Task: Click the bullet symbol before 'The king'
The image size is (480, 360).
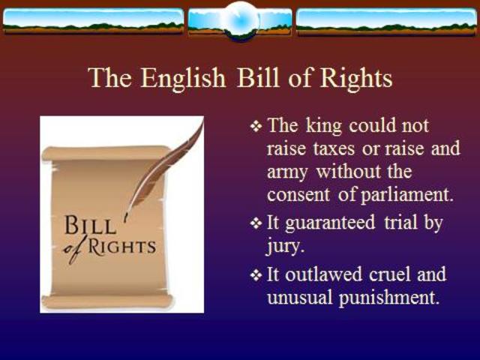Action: coord(256,125)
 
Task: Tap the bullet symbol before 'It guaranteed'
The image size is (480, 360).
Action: coord(256,223)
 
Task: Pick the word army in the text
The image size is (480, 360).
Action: coord(289,172)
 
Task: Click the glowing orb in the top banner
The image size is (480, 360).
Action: coord(241,16)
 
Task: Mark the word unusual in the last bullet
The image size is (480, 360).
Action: coord(300,297)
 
